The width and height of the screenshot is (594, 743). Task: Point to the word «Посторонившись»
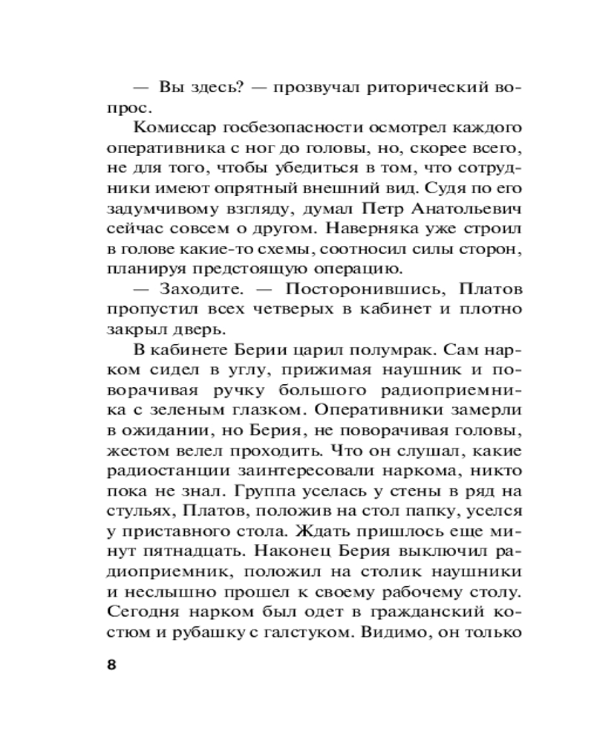(x=349, y=288)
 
